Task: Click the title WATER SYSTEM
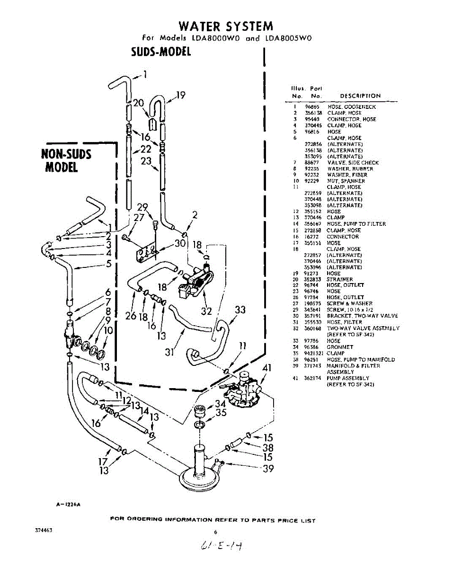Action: pos(225,26)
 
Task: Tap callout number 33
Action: pos(240,310)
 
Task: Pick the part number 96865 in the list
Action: pos(311,107)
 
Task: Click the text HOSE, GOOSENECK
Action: pos(345,107)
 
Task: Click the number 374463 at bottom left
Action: pos(44,531)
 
